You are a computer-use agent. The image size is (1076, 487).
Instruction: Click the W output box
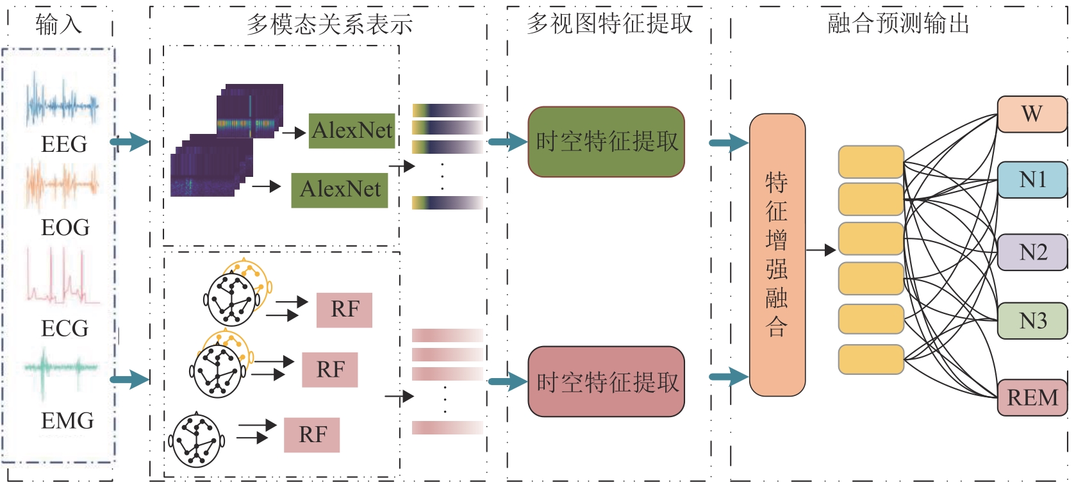[1032, 114]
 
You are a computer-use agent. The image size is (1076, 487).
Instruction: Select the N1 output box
[1032, 179]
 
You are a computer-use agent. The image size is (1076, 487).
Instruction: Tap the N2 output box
[1032, 252]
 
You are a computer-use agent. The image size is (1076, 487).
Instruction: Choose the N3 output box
[1032, 320]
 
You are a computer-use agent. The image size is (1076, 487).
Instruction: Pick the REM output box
[1032, 397]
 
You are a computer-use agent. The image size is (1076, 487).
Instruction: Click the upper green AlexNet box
[351, 131]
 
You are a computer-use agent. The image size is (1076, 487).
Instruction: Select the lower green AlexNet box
[340, 190]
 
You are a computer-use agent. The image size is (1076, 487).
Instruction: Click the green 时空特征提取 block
[606, 142]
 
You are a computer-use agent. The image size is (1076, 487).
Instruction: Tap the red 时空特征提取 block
[606, 382]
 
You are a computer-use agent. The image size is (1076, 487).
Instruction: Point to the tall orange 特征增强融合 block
[777, 254]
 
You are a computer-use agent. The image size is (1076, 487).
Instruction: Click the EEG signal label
[64, 144]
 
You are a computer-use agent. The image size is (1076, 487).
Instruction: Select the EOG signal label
[65, 227]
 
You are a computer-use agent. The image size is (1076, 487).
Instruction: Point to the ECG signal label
[65, 328]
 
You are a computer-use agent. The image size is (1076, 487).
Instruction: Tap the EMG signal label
[67, 421]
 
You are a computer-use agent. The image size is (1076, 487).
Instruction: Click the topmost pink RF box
[344, 310]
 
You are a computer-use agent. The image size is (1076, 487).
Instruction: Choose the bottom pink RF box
[312, 435]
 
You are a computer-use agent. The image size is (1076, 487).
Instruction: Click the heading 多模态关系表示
[329, 24]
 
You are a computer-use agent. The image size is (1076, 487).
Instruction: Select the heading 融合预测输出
[898, 24]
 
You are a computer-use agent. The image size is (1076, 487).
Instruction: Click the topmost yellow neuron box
[871, 162]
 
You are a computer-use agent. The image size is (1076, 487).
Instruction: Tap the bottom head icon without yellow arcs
[197, 440]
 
